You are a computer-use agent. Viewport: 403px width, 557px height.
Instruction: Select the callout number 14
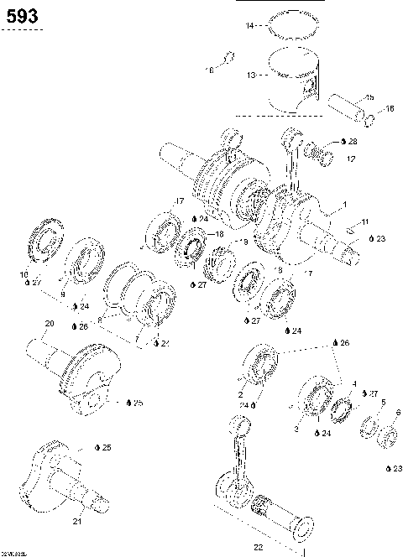[x=249, y=27]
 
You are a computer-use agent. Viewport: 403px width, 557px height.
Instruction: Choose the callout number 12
[x=350, y=158]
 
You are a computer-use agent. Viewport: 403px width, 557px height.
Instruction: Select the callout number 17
[x=179, y=200]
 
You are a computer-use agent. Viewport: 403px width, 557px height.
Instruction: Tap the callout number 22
[x=258, y=545]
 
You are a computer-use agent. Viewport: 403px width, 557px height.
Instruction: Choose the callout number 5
[x=383, y=403]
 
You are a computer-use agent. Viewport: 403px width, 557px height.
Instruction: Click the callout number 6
[x=397, y=413]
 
